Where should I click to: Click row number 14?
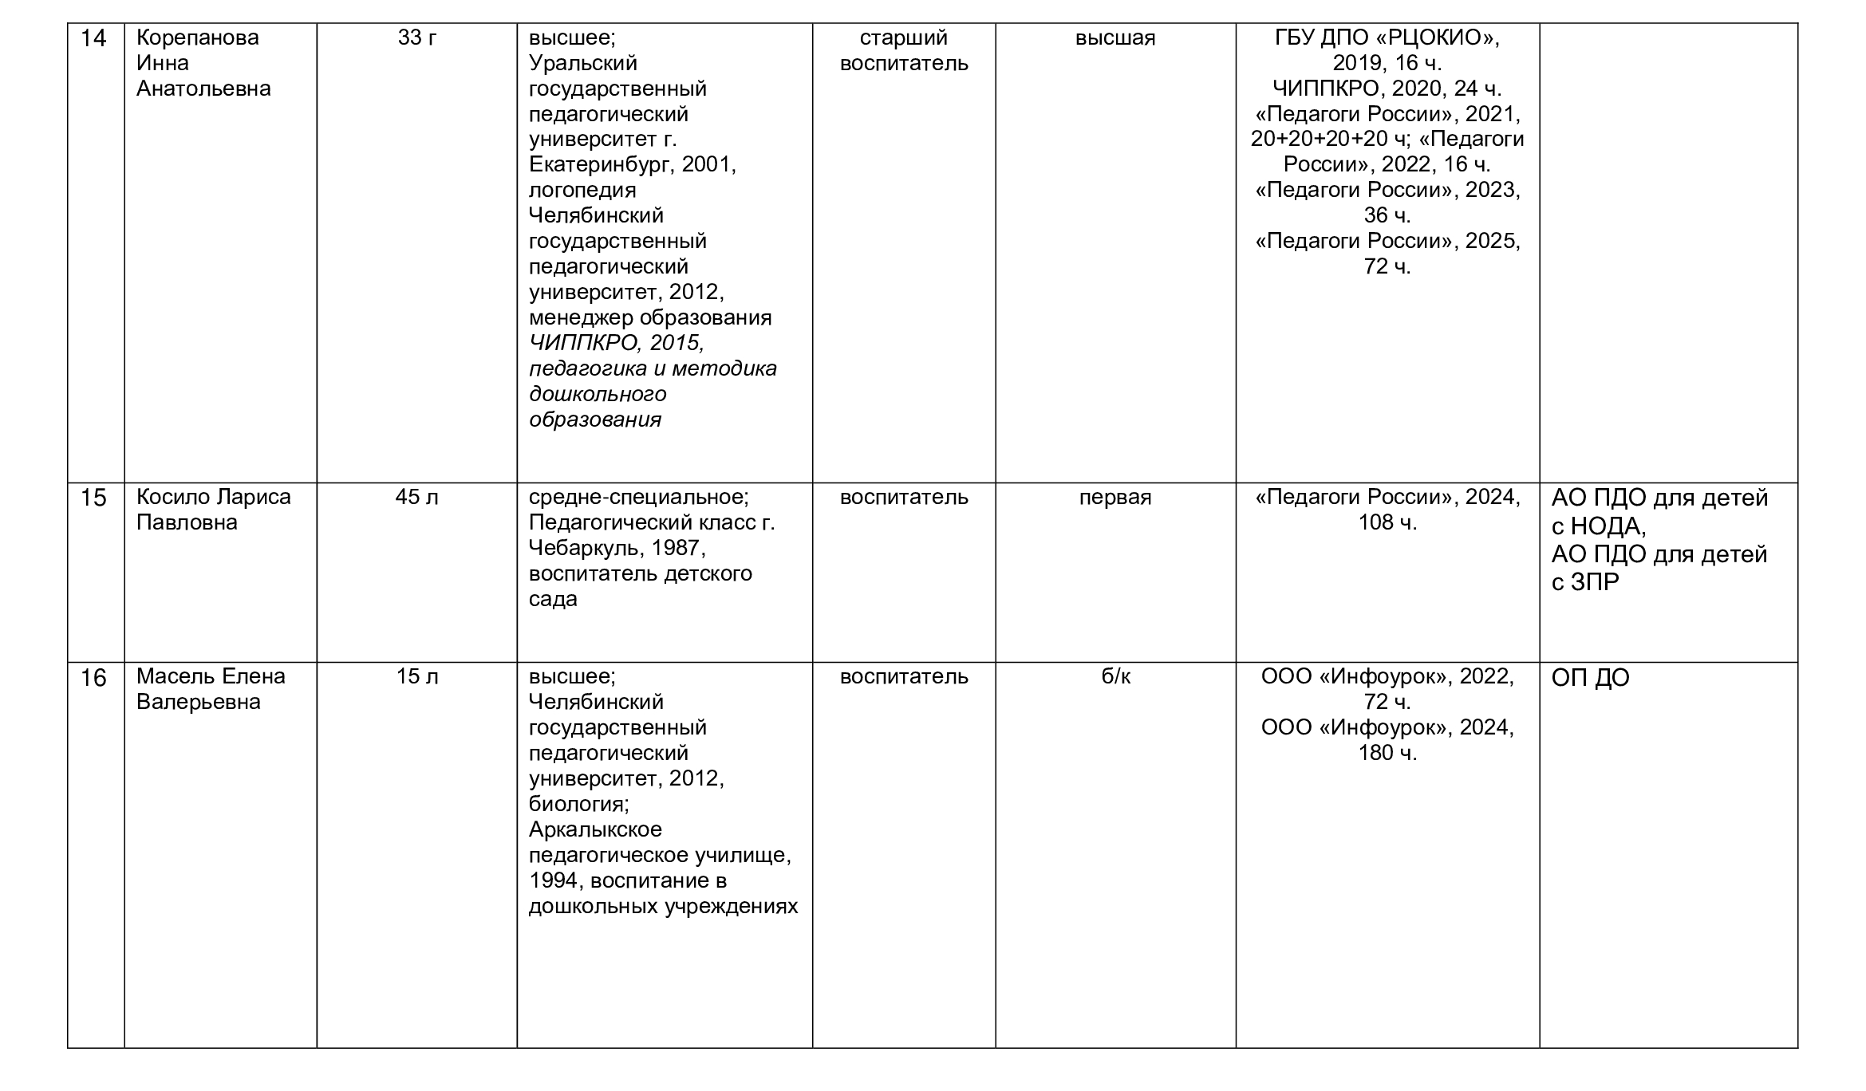pyautogui.click(x=93, y=38)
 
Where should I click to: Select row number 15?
pyautogui.click(x=93, y=498)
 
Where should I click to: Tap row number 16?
pyautogui.click(x=93, y=677)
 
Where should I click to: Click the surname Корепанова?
pyautogui.click(x=197, y=37)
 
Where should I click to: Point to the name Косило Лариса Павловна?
pyautogui.click(x=213, y=510)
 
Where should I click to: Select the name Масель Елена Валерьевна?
pyautogui.click(x=210, y=689)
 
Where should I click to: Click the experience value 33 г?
pyautogui.click(x=416, y=37)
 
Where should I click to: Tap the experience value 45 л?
pyautogui.click(x=416, y=497)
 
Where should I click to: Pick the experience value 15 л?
pyautogui.click(x=416, y=676)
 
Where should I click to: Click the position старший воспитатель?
pyautogui.click(x=903, y=50)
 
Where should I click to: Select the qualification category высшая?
pyautogui.click(x=1114, y=37)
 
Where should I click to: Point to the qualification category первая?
pyautogui.click(x=1114, y=497)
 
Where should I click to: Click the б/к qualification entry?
pyautogui.click(x=1115, y=676)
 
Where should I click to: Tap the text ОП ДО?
pyautogui.click(x=1590, y=678)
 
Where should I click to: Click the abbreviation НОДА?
pyautogui.click(x=1607, y=526)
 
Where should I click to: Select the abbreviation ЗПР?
pyautogui.click(x=1594, y=582)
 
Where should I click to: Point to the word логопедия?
pyautogui.click(x=582, y=190)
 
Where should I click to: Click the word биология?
pyautogui.click(x=578, y=803)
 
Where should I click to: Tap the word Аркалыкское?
pyautogui.click(x=595, y=829)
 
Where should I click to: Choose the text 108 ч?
pyautogui.click(x=1387, y=522)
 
